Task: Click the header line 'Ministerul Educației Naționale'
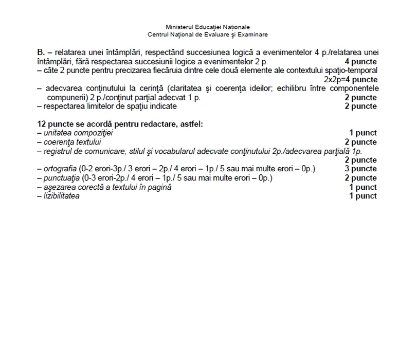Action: (208, 27)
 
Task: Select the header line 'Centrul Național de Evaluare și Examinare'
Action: (208, 34)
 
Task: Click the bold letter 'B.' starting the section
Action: (42, 52)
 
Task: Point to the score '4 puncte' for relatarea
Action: (360, 62)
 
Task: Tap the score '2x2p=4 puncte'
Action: (351, 79)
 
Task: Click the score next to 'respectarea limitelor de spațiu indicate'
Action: (360, 106)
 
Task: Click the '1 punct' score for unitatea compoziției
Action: (362, 133)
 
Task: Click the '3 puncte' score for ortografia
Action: (360, 169)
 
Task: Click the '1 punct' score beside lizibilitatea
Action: (362, 196)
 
